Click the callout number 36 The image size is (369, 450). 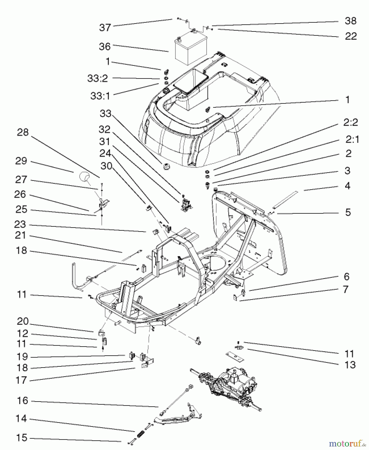click(x=105, y=46)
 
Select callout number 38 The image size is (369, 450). click(x=350, y=21)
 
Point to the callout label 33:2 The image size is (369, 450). click(x=98, y=78)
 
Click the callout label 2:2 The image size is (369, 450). click(x=350, y=122)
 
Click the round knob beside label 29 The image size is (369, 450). click(x=84, y=177)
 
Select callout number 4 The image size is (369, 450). click(x=347, y=186)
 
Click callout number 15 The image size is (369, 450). click(x=22, y=438)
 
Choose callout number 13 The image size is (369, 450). click(x=350, y=365)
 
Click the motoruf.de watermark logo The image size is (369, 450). click(x=346, y=443)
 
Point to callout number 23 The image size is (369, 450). click(x=20, y=224)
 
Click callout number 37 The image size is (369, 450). click(x=105, y=27)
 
